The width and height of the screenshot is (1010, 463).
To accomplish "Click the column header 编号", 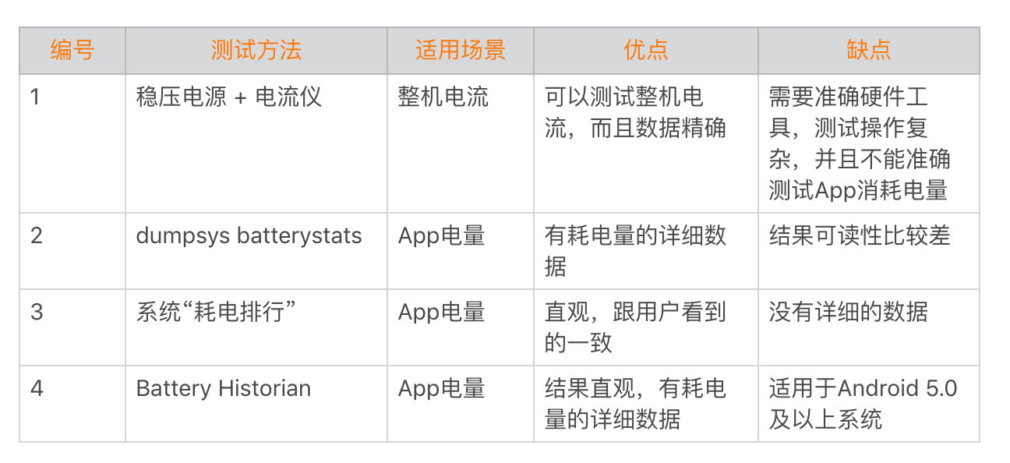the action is coord(72,50).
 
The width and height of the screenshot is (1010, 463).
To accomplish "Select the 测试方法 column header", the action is coord(256,50).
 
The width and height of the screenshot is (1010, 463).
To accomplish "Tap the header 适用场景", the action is coord(461,50).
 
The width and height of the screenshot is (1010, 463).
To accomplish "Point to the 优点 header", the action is coord(646,50).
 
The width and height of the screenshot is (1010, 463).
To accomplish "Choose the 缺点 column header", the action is coord(869,50).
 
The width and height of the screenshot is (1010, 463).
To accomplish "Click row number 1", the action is coord(35,97).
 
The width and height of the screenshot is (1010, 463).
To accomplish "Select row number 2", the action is coord(37,235).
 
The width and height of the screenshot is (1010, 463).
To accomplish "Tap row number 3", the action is coord(37,312).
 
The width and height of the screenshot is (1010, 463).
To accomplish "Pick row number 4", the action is coord(37,388).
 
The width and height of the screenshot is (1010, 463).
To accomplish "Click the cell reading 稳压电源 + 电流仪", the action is coord(228,97).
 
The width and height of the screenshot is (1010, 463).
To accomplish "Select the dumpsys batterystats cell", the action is coord(249,235).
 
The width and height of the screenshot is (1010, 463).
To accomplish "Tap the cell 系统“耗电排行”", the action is coord(216,312).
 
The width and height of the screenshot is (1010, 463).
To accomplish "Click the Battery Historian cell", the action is coord(224,389).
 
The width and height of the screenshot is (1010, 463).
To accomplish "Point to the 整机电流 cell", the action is coord(443,97).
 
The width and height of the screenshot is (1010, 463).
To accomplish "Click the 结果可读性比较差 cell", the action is coord(860,235).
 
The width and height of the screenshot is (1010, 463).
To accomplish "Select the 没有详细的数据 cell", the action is coord(848,312).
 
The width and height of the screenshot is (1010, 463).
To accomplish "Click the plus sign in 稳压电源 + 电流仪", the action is coord(241,98).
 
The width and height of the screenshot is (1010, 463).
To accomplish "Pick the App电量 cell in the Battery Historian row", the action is coord(441,389).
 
